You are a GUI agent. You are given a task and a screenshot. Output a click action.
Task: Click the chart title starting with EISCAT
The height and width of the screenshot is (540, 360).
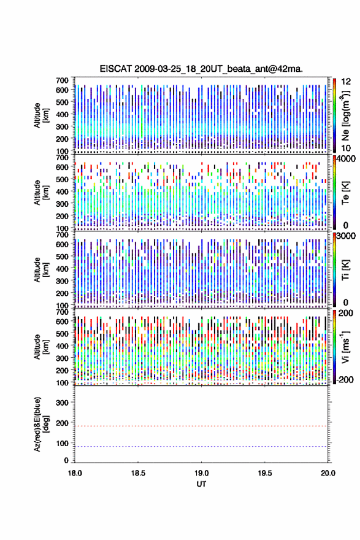click(x=201, y=69)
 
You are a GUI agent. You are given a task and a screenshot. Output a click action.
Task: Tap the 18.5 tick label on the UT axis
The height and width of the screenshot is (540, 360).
click(x=138, y=473)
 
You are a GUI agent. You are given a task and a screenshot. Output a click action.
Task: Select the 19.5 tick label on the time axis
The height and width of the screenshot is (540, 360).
click(x=265, y=473)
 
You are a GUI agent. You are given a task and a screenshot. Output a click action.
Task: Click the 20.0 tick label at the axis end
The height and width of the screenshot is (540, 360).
click(x=328, y=473)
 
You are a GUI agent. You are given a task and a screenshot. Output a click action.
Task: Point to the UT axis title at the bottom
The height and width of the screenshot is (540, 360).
click(x=201, y=484)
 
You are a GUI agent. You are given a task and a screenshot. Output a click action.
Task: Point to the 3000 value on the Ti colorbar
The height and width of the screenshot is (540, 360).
click(x=347, y=236)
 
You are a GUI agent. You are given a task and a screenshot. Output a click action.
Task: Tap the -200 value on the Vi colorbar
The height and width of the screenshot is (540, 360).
click(x=344, y=379)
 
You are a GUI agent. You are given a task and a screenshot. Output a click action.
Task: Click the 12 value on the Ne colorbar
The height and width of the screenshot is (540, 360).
click(x=346, y=82)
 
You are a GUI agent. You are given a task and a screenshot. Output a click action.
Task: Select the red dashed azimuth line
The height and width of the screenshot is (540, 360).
click(x=201, y=426)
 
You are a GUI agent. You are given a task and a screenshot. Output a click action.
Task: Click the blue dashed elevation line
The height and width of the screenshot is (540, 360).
click(x=201, y=446)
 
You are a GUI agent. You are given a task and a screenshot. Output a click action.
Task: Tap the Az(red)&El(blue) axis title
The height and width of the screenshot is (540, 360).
click(x=40, y=424)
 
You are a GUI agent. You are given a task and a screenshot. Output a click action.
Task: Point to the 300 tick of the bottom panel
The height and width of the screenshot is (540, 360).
click(x=63, y=403)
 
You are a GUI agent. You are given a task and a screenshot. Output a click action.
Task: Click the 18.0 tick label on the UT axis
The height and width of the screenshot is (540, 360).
click(x=75, y=473)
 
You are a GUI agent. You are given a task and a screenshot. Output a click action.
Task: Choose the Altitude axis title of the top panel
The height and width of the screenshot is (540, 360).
click(x=40, y=115)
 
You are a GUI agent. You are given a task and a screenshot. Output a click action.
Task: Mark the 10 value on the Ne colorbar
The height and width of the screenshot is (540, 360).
click(x=346, y=148)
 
